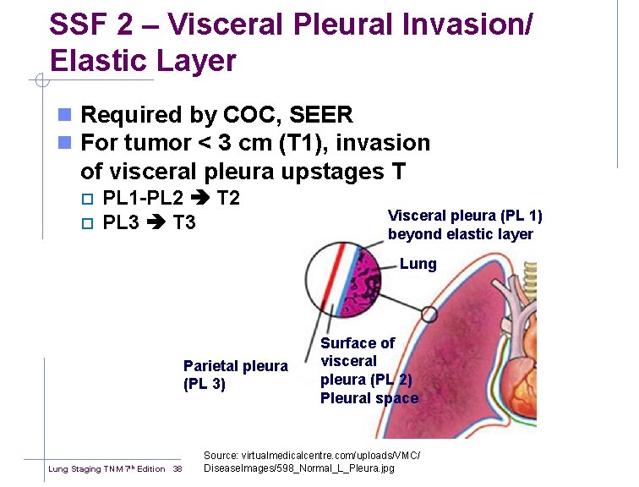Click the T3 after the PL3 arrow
[184, 223]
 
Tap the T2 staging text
[229, 200]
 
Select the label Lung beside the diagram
[418, 264]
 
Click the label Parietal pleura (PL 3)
[235, 375]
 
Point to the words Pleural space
[369, 398]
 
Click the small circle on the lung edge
[429, 315]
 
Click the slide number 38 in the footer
[177, 469]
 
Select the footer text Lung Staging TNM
[89, 469]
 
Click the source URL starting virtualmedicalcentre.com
[311, 456]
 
